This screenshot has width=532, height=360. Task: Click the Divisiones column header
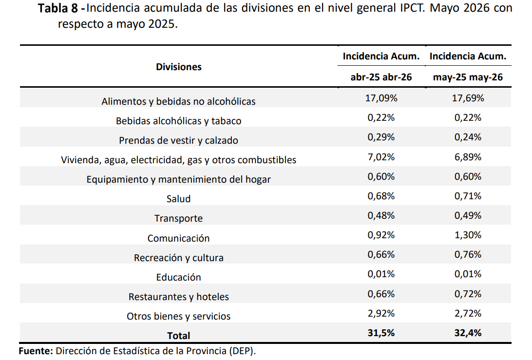tap(178, 67)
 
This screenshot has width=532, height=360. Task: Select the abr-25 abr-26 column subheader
tap(381, 77)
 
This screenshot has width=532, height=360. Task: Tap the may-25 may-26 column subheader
tap(468, 77)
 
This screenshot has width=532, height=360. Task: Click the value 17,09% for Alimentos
tap(381, 98)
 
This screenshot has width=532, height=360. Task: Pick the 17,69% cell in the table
tap(468, 98)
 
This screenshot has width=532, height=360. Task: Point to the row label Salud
tap(178, 198)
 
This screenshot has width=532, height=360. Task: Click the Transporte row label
tap(178, 218)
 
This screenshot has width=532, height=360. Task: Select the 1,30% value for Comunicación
tap(468, 235)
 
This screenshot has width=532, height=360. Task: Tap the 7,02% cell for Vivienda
tap(381, 157)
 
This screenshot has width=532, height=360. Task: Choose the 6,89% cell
tap(468, 157)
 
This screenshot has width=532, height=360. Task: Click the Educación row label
tap(178, 277)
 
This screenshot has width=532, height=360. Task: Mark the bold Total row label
tap(178, 336)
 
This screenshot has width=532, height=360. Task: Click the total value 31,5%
tap(381, 333)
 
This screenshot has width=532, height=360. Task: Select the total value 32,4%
tap(468, 333)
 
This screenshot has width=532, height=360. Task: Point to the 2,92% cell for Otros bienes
tap(381, 313)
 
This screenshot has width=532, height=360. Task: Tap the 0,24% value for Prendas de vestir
tap(468, 137)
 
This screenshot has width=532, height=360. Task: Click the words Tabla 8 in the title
tap(58, 8)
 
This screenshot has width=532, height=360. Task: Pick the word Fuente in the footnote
tap(36, 351)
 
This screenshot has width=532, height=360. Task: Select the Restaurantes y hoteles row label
tap(178, 297)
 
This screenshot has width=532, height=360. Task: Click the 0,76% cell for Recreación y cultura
tap(468, 254)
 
